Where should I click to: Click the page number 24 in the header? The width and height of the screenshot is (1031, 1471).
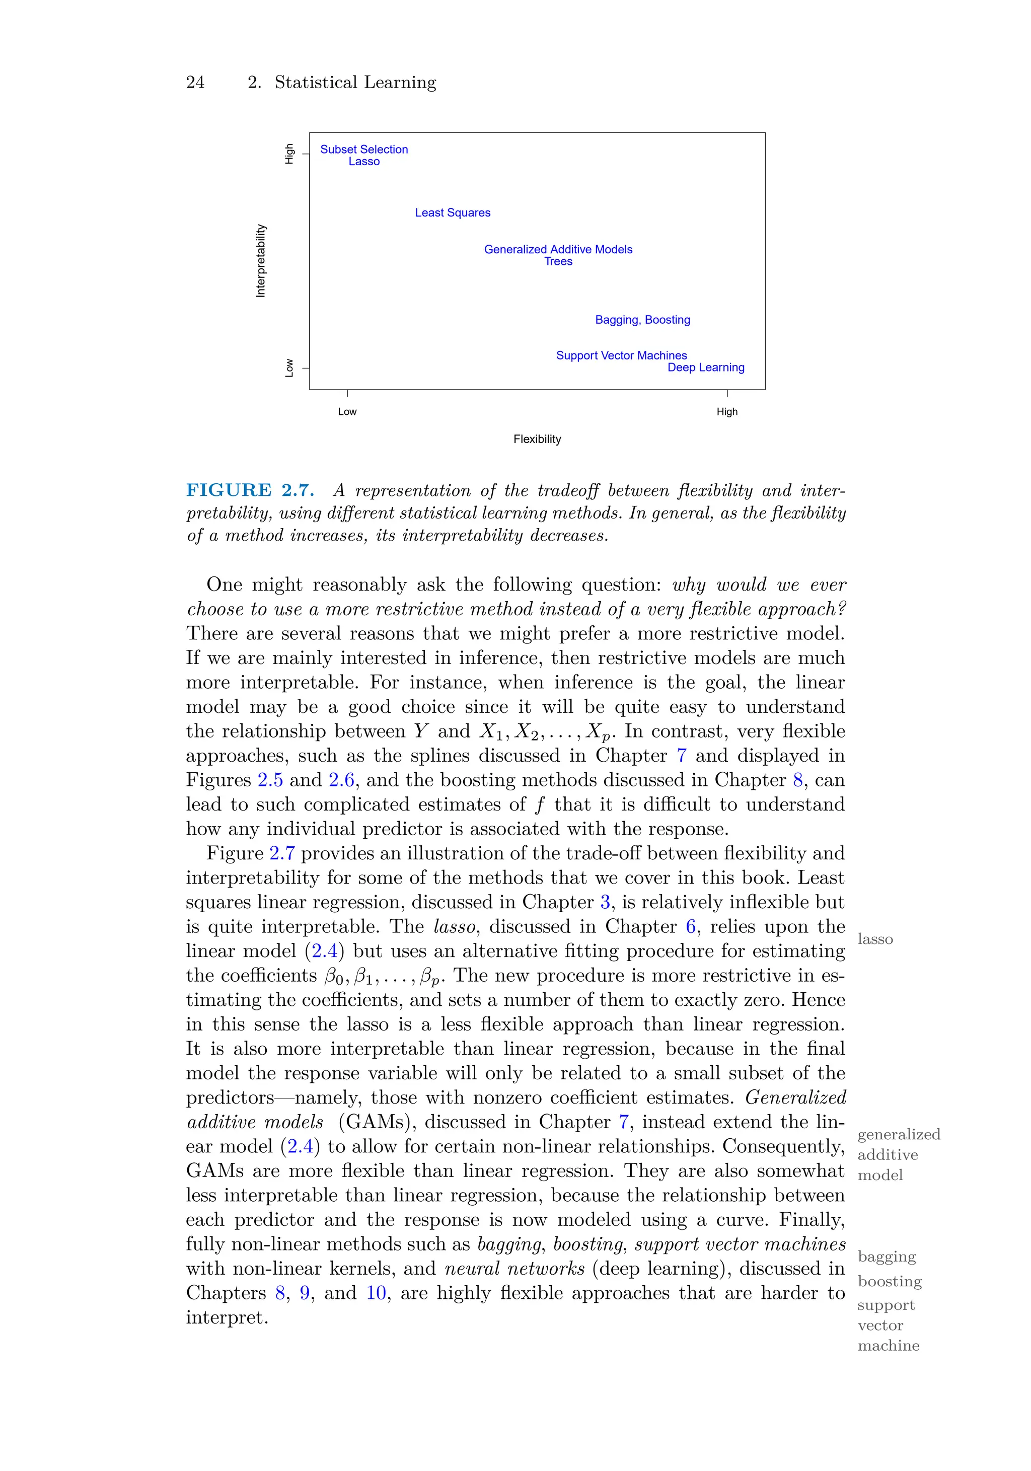point(195,83)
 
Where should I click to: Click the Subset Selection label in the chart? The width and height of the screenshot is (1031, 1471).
point(364,150)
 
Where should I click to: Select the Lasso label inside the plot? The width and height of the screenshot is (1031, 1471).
point(364,162)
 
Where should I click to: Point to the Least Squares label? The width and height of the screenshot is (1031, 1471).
point(453,213)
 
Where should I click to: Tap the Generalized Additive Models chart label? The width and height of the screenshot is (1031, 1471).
point(558,249)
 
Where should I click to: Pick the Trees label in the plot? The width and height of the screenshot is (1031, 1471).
point(558,261)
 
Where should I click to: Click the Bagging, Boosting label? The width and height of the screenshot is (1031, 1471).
point(643,320)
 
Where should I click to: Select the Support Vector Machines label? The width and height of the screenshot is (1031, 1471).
point(622,355)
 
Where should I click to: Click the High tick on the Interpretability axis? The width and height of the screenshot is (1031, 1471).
point(289,154)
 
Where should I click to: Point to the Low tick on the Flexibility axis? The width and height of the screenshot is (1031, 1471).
point(347,412)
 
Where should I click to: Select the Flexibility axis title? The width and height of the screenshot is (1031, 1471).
point(537,439)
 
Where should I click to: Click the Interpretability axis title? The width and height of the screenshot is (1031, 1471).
point(261,261)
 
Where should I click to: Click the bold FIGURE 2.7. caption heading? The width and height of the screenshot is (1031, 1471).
point(250,491)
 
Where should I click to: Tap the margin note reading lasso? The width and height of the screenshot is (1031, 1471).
point(874,939)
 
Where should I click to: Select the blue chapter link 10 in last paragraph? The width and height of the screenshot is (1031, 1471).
point(376,1293)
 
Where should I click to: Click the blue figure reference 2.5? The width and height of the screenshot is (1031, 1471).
point(270,780)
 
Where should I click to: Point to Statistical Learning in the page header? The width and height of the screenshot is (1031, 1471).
point(355,83)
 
